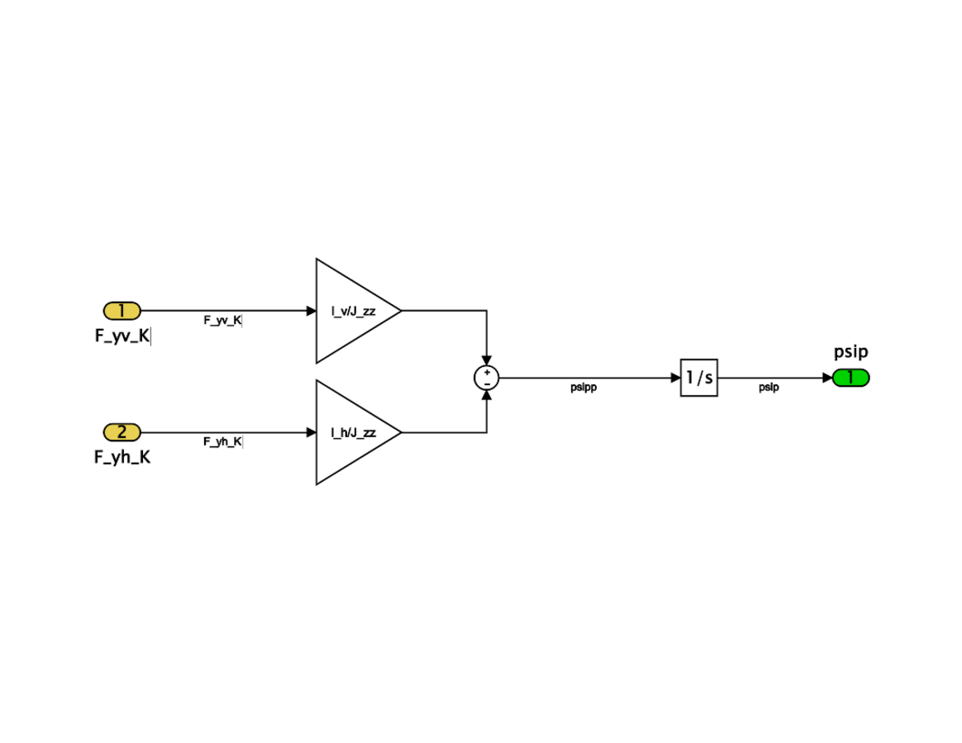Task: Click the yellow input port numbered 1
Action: (122, 311)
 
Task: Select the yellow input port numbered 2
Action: (122, 431)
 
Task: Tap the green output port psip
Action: (851, 378)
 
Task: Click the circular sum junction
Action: (487, 378)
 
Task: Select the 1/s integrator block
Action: (699, 378)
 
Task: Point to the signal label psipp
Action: (583, 388)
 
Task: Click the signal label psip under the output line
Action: (769, 388)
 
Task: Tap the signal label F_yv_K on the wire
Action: (223, 321)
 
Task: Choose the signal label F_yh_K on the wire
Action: (223, 441)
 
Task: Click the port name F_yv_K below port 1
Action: (122, 336)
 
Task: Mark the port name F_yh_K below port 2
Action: (122, 457)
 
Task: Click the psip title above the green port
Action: (851, 352)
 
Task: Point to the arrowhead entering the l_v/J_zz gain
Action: (312, 312)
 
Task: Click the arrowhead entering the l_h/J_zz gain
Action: (312, 432)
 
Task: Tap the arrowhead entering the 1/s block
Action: (675, 378)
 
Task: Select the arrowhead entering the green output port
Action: (827, 378)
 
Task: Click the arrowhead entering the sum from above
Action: (487, 361)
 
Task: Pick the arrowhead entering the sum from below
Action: (487, 394)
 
